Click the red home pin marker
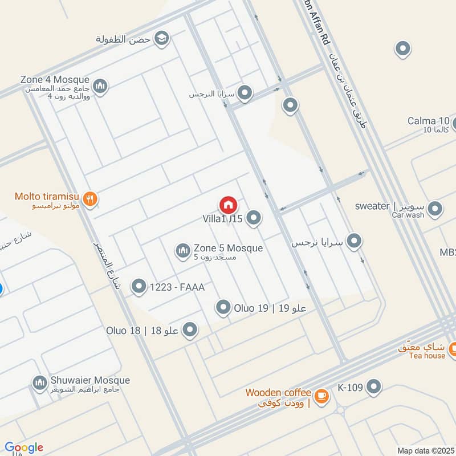(x=228, y=205)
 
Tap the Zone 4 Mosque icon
(x=101, y=86)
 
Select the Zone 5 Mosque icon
(x=183, y=251)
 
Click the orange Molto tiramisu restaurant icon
(x=89, y=199)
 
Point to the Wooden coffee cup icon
(x=321, y=394)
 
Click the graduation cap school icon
(x=162, y=38)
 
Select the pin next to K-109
(x=374, y=388)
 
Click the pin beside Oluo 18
(x=190, y=330)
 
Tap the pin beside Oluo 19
(x=223, y=308)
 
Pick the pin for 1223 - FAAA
(x=139, y=287)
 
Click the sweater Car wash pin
(x=435, y=209)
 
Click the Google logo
(x=24, y=448)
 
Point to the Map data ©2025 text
(x=425, y=451)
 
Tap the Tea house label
(x=427, y=356)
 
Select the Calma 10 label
(x=429, y=121)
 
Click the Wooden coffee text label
(x=278, y=393)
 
